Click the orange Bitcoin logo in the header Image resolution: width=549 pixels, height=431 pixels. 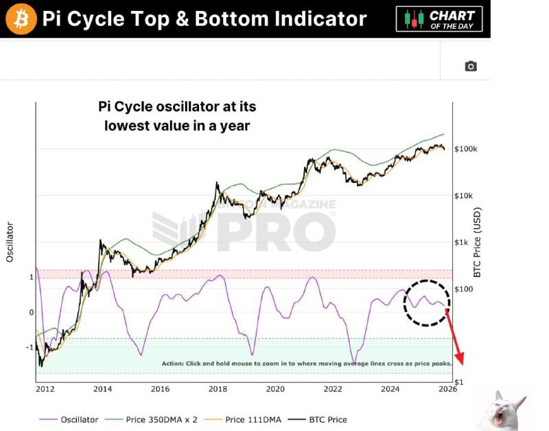click(x=20, y=19)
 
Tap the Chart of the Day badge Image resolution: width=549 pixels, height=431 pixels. click(x=439, y=19)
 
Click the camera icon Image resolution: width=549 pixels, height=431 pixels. click(x=470, y=66)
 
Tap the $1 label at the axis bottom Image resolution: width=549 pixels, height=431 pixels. click(x=458, y=382)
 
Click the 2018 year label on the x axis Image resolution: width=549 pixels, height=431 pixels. click(x=218, y=389)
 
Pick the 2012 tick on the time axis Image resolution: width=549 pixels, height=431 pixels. click(x=45, y=389)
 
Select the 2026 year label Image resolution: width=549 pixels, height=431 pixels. click(x=448, y=389)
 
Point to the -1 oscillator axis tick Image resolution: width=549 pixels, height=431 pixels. click(x=30, y=347)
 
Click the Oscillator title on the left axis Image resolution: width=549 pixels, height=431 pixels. click(x=10, y=241)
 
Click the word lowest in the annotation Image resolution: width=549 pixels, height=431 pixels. click(x=127, y=126)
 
